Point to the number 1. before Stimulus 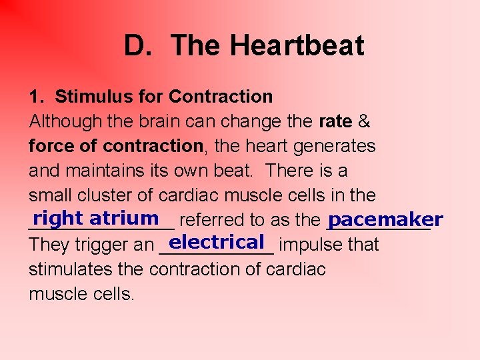click(37, 97)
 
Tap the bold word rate click(336, 121)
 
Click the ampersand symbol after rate click(365, 121)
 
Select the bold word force click(51, 146)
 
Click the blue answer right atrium click(96, 218)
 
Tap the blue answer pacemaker click(385, 219)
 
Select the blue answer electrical click(217, 241)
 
